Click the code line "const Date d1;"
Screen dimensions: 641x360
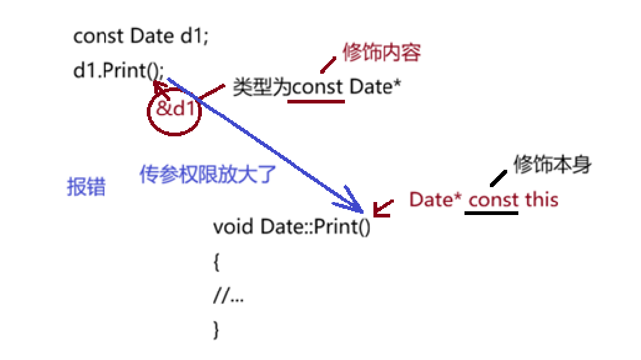pos(142,37)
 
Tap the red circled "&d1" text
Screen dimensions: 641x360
pos(175,110)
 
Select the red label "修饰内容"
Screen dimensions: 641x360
pos(382,53)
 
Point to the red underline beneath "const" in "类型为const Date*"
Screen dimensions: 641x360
pos(316,100)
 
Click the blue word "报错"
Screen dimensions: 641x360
pos(86,187)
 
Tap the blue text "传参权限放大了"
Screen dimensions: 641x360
pos(207,175)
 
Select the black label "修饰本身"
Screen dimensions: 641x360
pos(553,165)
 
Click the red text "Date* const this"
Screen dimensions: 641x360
pos(484,200)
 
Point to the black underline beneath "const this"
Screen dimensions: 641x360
pos(491,213)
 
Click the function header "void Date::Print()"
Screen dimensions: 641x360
pos(291,226)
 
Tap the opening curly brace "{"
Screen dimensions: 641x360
pos(216,263)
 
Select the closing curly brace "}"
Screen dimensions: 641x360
pos(216,329)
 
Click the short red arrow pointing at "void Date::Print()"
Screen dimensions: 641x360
pos(383,208)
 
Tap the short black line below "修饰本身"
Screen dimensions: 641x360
pos(496,180)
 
